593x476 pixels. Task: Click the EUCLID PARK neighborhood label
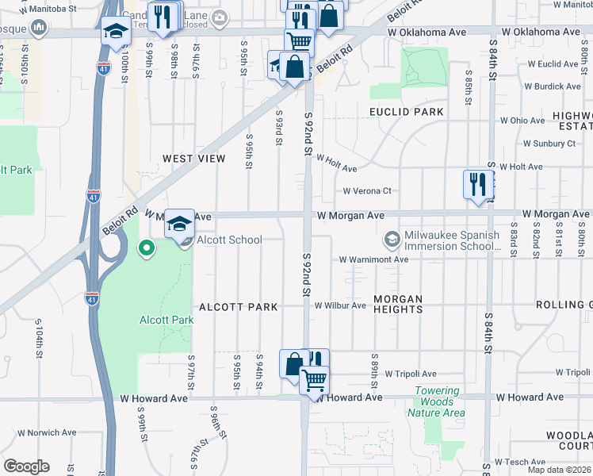406,112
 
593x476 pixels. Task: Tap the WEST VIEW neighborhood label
194,159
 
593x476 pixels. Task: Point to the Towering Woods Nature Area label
436,401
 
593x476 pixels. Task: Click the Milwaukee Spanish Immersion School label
452,240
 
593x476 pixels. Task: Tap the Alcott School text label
229,240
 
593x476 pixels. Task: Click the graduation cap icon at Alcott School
180,223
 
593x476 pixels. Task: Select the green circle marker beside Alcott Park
146,248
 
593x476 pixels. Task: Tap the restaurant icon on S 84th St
476,184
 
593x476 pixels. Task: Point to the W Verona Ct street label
367,191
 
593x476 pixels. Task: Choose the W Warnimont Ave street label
373,259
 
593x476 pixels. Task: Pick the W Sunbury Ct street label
549,144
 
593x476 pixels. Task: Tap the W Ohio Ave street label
523,121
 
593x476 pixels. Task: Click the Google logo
26,466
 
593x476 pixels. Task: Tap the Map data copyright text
560,470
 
